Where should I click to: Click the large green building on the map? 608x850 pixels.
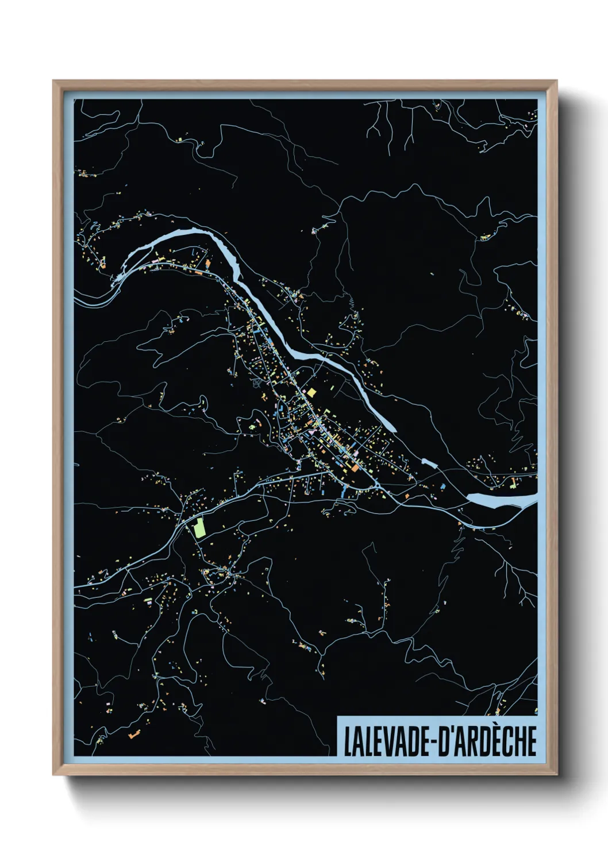tap(199, 527)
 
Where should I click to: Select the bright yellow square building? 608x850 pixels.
tap(311, 392)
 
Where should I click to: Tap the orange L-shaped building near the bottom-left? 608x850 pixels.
tap(134, 733)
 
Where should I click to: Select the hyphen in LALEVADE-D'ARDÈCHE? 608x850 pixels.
tap(432, 742)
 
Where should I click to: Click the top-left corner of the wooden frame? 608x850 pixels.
tap(53, 81)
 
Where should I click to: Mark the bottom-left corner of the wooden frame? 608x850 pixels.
tap(53, 775)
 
